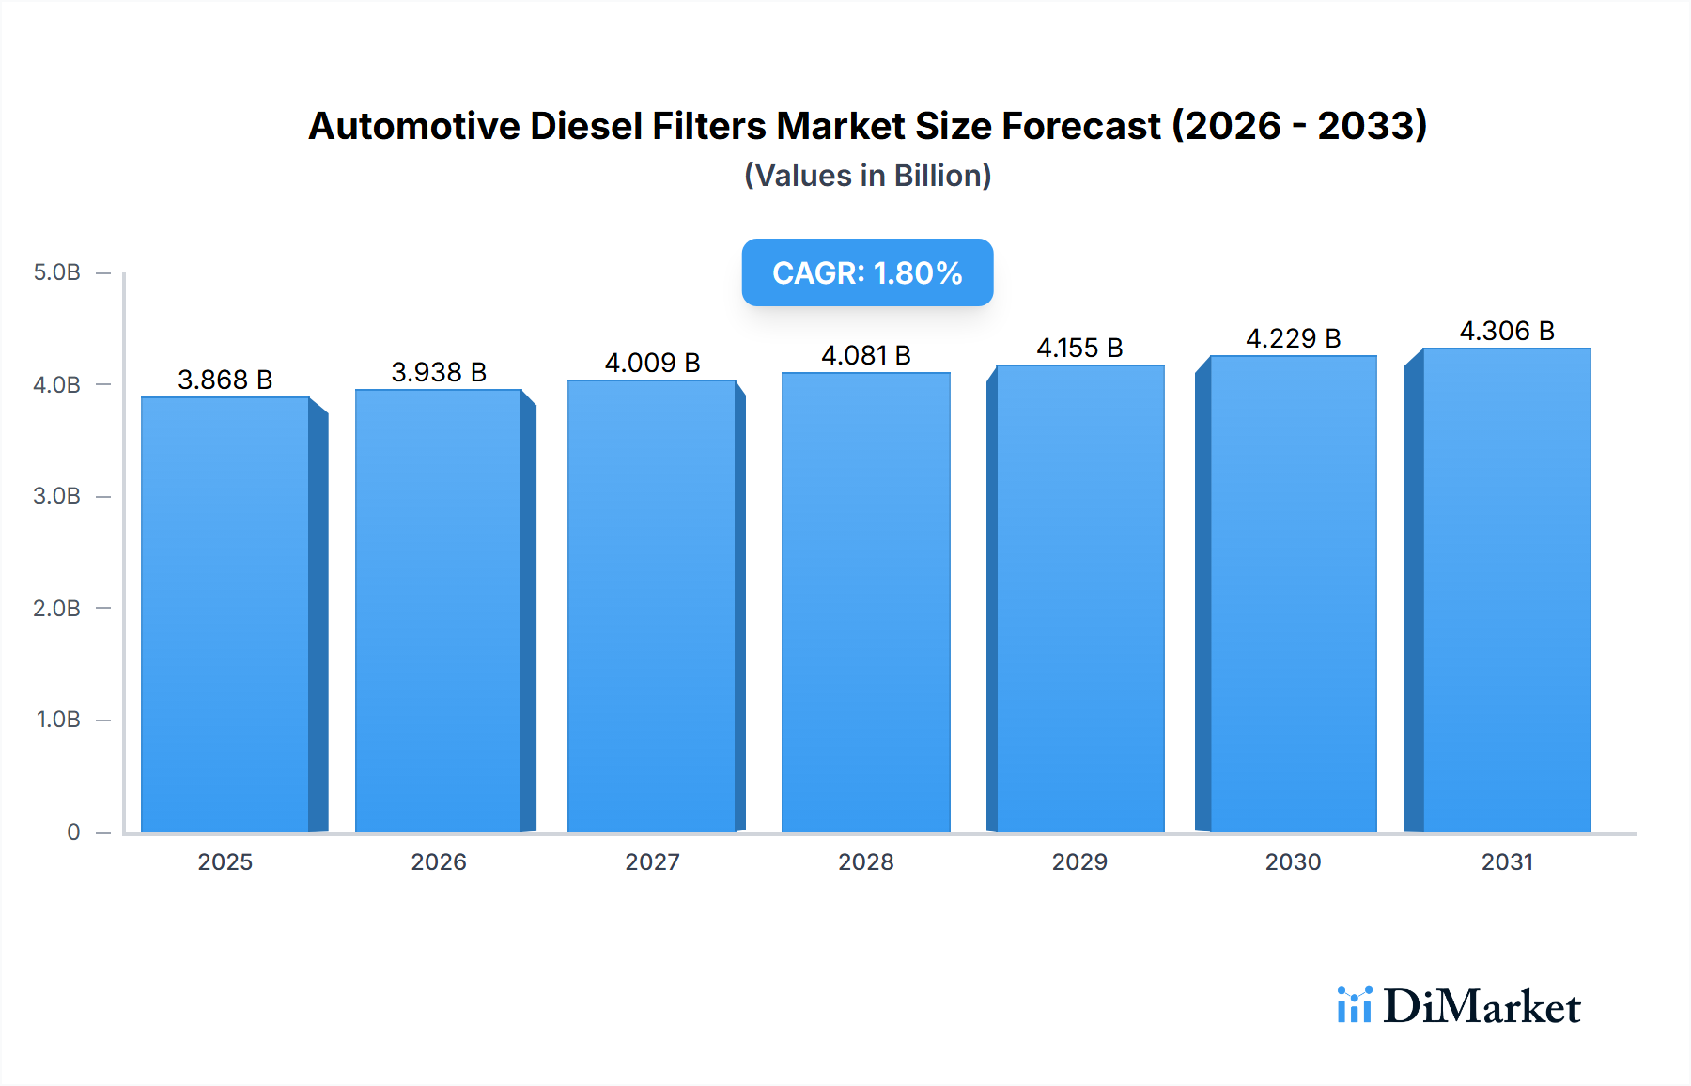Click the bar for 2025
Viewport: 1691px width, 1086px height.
coord(225,615)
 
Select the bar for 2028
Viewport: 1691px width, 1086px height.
coord(865,603)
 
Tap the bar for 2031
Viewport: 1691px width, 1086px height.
coord(1507,591)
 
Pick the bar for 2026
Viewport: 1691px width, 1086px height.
coord(439,612)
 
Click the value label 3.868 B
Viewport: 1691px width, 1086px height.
coord(225,380)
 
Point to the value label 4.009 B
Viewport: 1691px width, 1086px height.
coord(652,363)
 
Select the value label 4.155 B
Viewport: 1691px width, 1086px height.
coord(1079,348)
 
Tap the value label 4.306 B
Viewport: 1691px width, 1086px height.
coord(1507,331)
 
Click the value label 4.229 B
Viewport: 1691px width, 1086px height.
coord(1293,338)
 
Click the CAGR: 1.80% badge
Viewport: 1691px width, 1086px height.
coord(867,272)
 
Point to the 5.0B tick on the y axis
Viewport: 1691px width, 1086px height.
coord(57,272)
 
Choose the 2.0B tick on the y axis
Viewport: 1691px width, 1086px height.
coord(57,608)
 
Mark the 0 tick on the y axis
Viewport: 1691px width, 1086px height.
coord(73,831)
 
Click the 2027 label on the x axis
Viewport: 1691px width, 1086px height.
coord(652,861)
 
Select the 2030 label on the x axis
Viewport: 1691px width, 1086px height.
coord(1293,861)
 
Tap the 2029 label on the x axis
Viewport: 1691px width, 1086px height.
coord(1079,861)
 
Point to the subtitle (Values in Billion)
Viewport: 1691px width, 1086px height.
coord(867,176)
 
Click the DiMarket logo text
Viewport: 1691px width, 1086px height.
coord(1482,1007)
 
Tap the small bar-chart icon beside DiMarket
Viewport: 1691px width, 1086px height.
coord(1354,1005)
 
